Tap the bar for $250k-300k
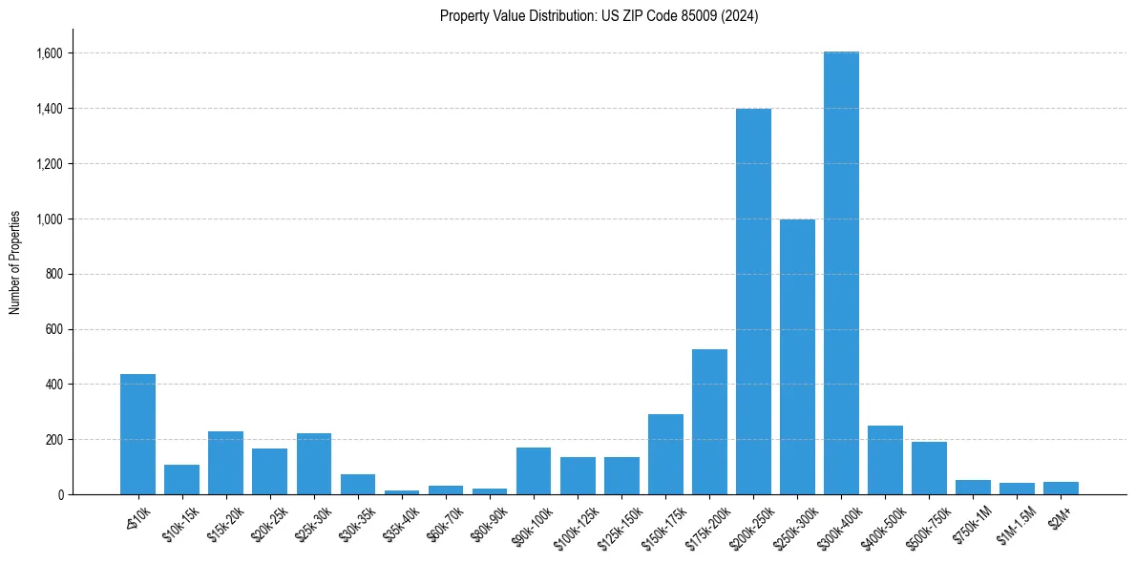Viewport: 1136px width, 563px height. coord(797,357)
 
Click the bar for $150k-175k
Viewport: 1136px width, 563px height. coord(665,454)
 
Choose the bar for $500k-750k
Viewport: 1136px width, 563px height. coord(929,469)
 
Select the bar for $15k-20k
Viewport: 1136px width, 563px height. coord(225,463)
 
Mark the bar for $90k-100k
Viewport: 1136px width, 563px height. coord(534,471)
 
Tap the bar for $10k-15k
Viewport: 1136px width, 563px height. coord(181,480)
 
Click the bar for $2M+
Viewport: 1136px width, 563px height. coord(1061,489)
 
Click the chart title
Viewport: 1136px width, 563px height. coord(600,16)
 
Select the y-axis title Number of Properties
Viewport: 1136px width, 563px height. coord(15,262)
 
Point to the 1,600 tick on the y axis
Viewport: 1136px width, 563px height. coord(50,53)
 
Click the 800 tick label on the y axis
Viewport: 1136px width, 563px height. coord(53,275)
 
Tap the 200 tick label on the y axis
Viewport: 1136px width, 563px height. coord(53,440)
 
